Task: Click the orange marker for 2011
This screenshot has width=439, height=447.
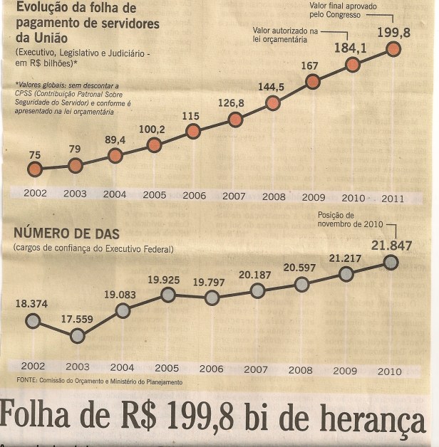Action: tap(393, 49)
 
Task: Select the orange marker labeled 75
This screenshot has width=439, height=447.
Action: tap(35, 169)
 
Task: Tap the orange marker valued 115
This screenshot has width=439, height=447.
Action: tap(192, 131)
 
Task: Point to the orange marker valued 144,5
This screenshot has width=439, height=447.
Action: tap(273, 103)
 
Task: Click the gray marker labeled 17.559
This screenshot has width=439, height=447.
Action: tap(77, 336)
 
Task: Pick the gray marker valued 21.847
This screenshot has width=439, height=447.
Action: tap(390, 262)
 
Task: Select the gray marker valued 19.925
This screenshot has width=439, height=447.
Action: tap(167, 295)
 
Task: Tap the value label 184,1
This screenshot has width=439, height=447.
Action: tap(351, 48)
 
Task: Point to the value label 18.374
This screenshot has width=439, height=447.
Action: tap(31, 303)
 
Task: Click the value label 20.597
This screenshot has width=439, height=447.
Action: tap(300, 268)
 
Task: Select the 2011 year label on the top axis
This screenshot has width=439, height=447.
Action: tap(393, 199)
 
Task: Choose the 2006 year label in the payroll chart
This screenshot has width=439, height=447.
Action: tap(194, 196)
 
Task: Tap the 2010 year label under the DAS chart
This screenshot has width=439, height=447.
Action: tap(390, 371)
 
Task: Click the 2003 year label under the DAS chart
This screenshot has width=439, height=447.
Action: tap(77, 367)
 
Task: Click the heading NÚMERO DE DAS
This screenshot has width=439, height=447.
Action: tap(66, 233)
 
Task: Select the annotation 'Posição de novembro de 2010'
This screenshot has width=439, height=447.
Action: tap(347, 219)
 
